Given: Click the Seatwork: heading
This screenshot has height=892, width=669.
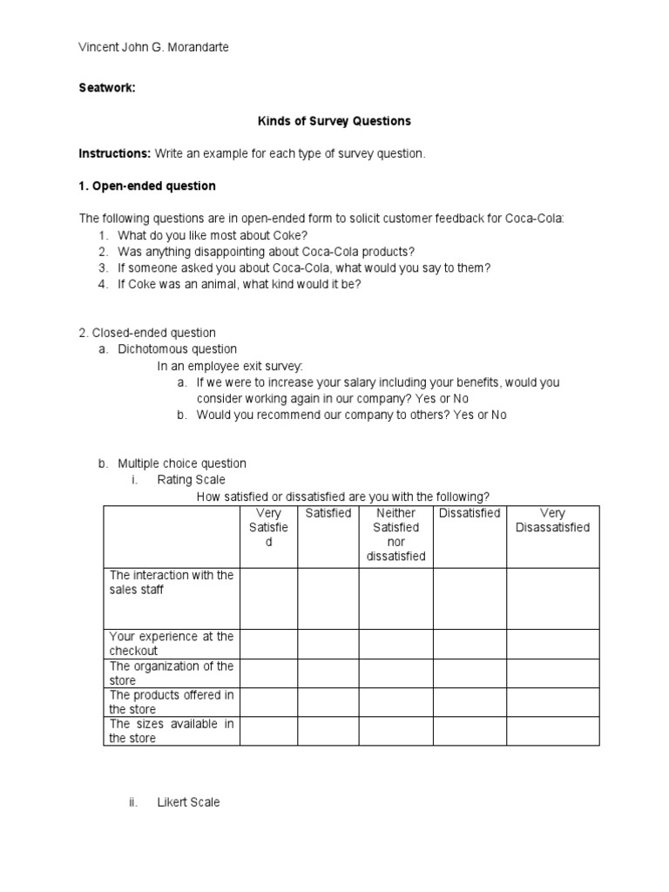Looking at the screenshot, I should point(107,87).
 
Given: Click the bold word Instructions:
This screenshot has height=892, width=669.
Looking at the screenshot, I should point(115,153).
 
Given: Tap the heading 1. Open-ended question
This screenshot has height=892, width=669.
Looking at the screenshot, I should point(147,186).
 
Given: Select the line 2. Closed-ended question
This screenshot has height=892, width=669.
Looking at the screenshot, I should point(147,333).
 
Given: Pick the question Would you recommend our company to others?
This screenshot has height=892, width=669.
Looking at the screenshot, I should point(351,415).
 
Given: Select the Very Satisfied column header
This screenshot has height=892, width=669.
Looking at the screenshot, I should point(268,527).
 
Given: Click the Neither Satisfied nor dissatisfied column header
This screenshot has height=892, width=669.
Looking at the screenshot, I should point(395,535).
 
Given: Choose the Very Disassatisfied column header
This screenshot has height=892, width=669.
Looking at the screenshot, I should point(552,520).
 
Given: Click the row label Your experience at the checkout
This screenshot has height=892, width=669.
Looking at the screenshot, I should point(171,644).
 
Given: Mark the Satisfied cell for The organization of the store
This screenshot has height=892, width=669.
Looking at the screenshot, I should point(328,673).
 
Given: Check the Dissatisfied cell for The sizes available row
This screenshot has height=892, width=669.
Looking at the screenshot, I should point(470,731).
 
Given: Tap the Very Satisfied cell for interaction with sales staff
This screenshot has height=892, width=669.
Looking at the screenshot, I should point(268,598).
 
